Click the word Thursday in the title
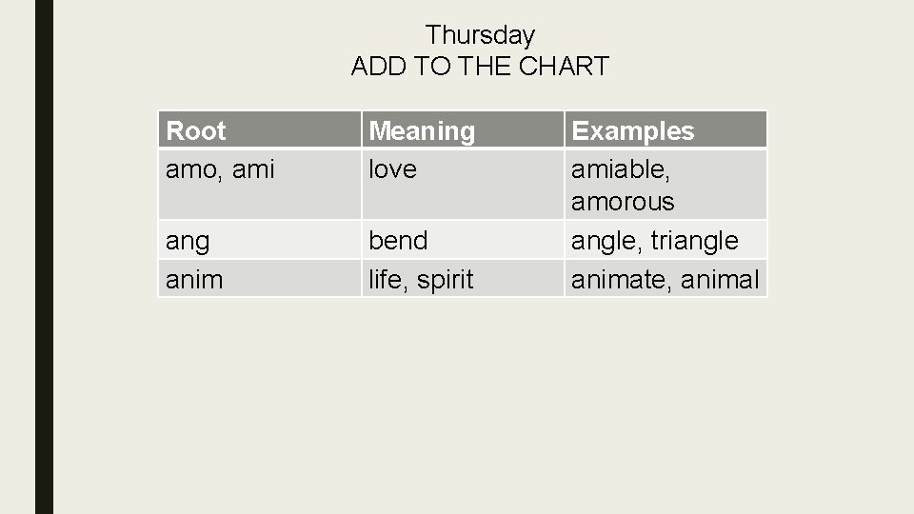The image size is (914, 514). point(480,35)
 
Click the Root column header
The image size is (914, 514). point(196,130)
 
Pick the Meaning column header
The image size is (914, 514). point(422,130)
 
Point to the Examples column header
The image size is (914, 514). point(632,130)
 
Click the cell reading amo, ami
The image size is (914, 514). point(220,169)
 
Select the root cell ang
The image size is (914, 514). point(188,241)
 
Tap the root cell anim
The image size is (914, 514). point(194,279)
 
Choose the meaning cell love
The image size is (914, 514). point(392,169)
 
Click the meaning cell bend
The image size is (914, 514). point(398,240)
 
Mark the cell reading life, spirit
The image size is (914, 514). point(421,279)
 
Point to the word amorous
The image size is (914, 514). point(622,202)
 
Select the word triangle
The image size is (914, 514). point(695,241)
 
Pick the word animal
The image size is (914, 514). point(720,279)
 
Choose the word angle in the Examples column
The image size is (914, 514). point(606,241)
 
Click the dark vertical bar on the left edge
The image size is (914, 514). point(45,257)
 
